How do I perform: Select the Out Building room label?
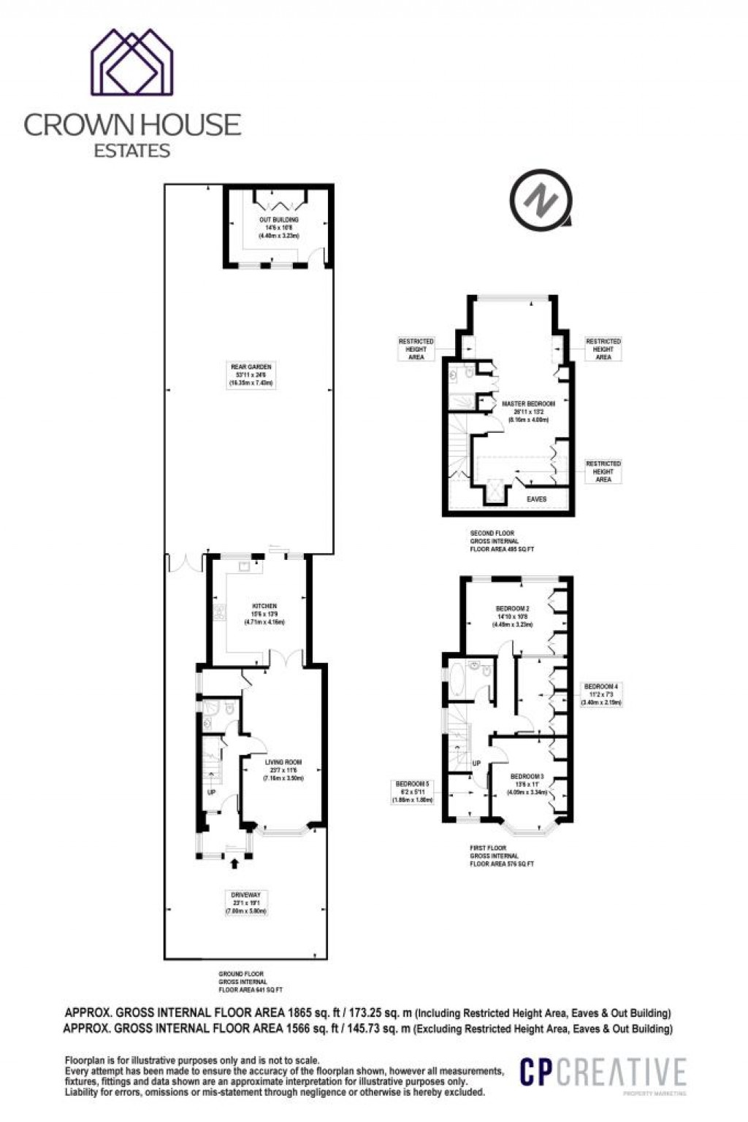tap(278, 228)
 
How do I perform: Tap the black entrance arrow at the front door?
tap(234, 864)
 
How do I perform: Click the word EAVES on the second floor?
tap(537, 499)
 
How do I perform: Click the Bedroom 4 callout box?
tap(601, 694)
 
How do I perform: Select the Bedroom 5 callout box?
tap(413, 791)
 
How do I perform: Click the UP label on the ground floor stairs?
tap(212, 791)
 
